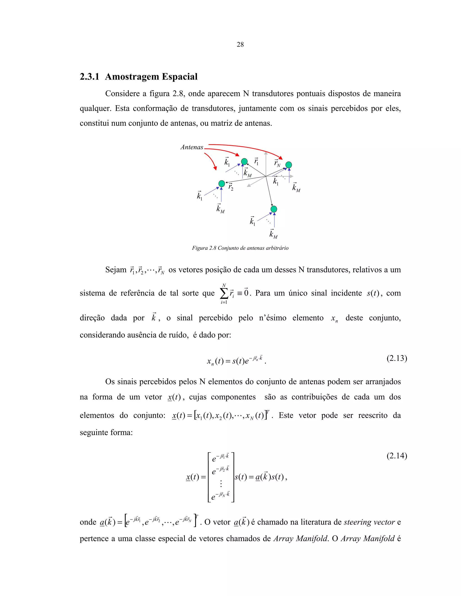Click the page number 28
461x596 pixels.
tap(240, 45)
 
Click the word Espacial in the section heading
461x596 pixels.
tap(179, 77)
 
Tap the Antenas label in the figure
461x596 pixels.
tap(192, 147)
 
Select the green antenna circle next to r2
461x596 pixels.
tap(222, 183)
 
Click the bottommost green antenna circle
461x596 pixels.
tap(274, 209)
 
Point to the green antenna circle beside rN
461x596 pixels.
tap(289, 165)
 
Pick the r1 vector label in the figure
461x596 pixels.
tap(256, 161)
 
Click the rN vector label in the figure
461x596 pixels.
tap(277, 163)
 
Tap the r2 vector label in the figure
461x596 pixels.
tap(231, 187)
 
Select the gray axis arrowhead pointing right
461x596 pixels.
tap(292, 177)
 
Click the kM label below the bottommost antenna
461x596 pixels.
tap(273, 234)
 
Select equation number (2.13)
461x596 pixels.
tap(397, 358)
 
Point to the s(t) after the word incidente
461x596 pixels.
tap(373, 293)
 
